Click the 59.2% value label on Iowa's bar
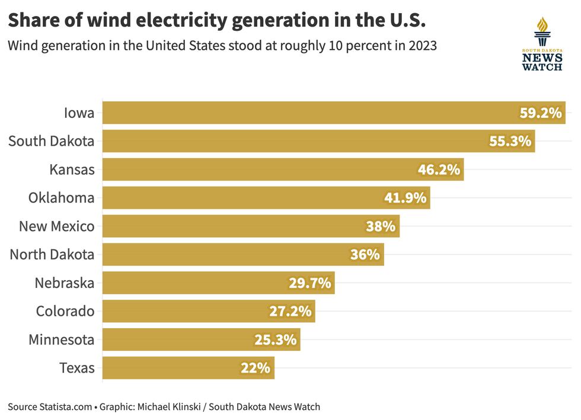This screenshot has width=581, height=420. point(540,113)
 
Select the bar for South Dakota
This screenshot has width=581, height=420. point(318,142)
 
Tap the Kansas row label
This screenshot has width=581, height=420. point(72,170)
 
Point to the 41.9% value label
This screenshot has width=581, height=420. point(405,198)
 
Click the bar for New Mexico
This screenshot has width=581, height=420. point(251,226)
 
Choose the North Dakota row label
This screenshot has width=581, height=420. point(52,255)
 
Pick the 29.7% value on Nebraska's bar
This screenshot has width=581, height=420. point(309,283)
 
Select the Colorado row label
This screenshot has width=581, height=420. point(65,312)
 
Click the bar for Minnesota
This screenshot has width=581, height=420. point(201,340)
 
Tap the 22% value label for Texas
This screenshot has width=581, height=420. point(256,368)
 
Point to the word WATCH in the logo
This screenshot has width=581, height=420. point(542,68)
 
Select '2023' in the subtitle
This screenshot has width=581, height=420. point(423,46)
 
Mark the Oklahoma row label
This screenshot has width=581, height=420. point(61,198)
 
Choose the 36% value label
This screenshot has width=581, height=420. point(365,255)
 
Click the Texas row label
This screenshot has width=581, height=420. point(77,368)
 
